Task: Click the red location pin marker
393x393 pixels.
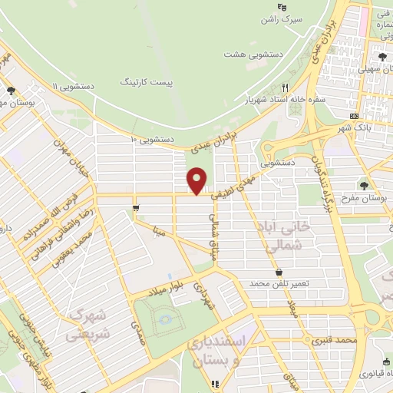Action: click(197, 180)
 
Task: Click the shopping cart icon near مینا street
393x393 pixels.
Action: click(136, 207)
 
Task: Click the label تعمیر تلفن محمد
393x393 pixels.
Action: click(278, 284)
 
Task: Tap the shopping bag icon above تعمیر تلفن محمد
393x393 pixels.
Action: click(278, 271)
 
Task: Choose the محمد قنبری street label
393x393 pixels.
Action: click(335, 339)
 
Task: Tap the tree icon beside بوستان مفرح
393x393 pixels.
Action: click(363, 185)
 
